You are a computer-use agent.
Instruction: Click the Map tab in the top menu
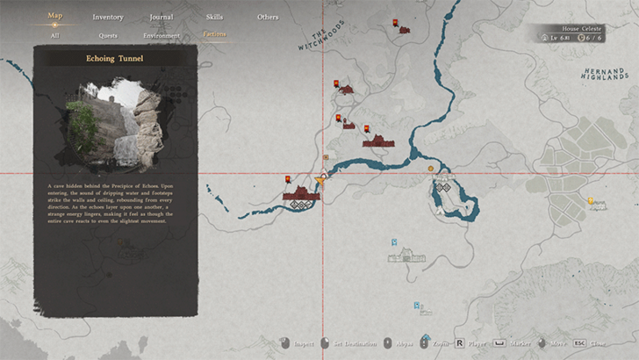(x=54, y=15)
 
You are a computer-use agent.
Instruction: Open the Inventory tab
(x=108, y=17)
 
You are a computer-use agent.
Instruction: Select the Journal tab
(x=162, y=17)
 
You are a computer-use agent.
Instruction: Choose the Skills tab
(x=214, y=17)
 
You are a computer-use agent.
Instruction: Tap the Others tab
(x=268, y=17)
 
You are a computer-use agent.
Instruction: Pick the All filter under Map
(x=54, y=36)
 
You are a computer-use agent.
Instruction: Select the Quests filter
(x=108, y=36)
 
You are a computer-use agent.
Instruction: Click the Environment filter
(x=162, y=36)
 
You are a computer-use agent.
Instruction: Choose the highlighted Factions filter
(x=214, y=35)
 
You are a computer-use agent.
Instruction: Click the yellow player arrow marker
(x=319, y=182)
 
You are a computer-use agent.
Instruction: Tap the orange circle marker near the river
(x=430, y=169)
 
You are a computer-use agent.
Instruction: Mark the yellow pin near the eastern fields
(x=591, y=200)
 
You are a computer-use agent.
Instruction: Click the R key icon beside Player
(x=457, y=343)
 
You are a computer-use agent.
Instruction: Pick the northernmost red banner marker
(x=396, y=22)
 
